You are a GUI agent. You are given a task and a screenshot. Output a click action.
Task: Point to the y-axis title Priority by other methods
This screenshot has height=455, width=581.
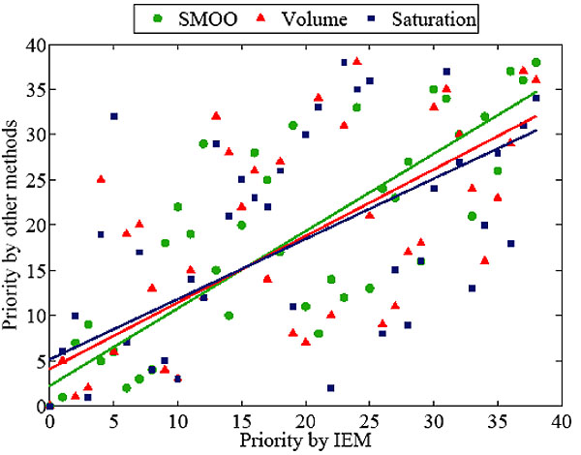coord(13,225)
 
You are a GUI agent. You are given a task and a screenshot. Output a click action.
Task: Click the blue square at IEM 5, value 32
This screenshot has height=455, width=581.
coord(114,116)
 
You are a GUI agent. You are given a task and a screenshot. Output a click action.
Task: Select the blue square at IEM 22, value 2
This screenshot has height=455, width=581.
coord(331,388)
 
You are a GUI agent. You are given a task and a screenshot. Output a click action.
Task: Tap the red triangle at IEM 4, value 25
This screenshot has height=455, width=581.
coord(101,179)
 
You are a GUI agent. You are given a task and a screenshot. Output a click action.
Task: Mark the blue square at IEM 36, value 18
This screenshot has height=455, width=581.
coord(510,243)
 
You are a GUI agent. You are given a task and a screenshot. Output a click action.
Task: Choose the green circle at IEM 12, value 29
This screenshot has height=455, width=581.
coord(203,143)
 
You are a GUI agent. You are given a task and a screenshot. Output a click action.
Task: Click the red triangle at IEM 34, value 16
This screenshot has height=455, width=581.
coord(484,260)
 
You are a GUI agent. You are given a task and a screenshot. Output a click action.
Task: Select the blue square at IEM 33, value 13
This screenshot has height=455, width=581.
coord(472,288)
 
